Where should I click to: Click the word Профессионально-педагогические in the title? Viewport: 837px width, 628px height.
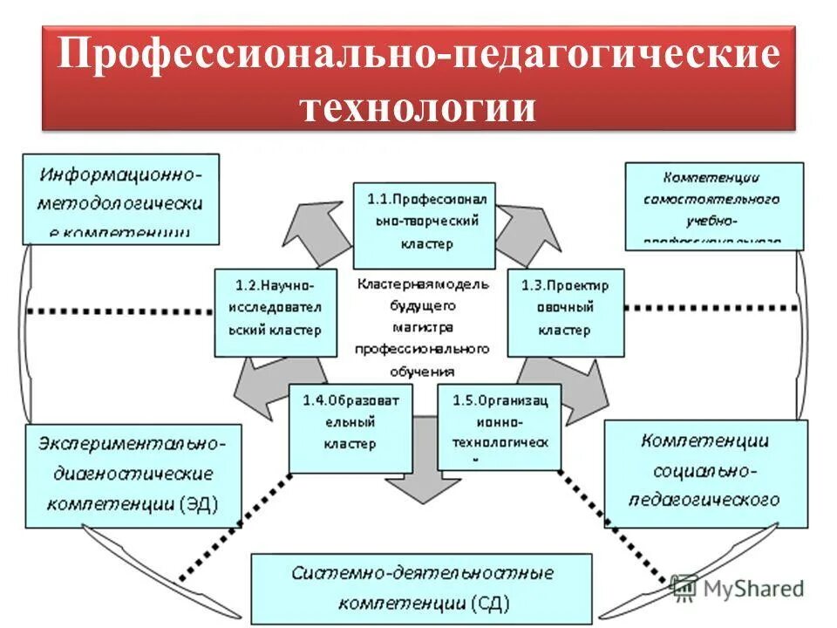(418, 55)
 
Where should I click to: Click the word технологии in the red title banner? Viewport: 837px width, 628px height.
(418, 108)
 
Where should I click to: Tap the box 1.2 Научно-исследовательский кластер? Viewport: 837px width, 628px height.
(276, 311)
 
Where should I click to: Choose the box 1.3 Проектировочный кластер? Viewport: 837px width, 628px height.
(565, 311)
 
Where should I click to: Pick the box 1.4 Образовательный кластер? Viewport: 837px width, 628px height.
(350, 427)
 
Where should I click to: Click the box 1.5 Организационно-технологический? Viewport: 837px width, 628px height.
(499, 427)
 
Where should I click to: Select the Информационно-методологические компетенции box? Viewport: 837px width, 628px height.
(120, 198)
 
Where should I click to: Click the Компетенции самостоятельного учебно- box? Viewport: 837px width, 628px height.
(713, 205)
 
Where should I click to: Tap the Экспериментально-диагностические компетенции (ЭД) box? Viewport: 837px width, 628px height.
(133, 474)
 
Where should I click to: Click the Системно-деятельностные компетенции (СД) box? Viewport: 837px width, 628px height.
(420, 588)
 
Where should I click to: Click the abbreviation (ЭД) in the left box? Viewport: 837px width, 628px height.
(199, 504)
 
